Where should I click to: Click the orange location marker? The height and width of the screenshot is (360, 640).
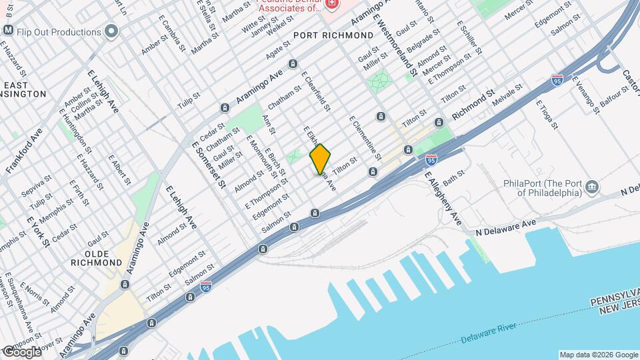click(320, 159)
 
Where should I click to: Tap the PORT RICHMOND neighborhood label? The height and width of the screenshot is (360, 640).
click(333, 35)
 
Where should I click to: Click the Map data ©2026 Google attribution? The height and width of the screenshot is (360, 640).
click(598, 354)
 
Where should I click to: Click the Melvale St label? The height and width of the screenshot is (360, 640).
click(508, 90)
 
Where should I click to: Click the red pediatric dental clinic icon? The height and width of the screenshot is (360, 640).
click(333, 3)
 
